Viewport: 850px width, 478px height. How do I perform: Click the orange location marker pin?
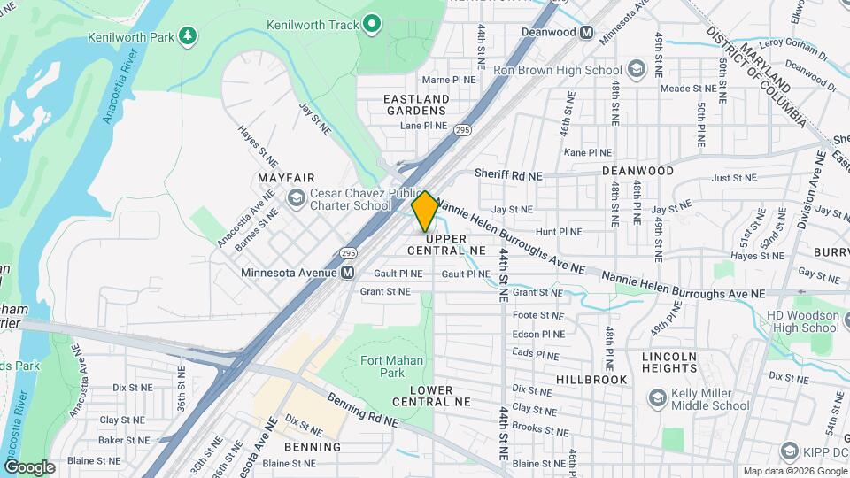(425, 212)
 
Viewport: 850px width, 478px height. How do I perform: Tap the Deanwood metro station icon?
(586, 33)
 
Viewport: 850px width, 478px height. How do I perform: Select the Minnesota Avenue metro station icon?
(348, 273)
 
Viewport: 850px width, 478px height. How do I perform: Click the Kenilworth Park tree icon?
(187, 35)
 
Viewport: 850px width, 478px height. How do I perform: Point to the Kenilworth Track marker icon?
(373, 23)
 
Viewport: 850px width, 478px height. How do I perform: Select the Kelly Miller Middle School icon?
(657, 398)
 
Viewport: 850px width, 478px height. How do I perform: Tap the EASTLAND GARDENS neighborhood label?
(415, 104)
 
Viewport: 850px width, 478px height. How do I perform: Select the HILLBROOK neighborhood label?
(591, 379)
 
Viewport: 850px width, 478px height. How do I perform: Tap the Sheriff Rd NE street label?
(508, 175)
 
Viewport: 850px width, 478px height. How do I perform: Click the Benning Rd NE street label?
(362, 408)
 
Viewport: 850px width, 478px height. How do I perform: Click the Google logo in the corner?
(29, 466)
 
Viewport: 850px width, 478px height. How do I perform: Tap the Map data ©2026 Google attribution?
(792, 471)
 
